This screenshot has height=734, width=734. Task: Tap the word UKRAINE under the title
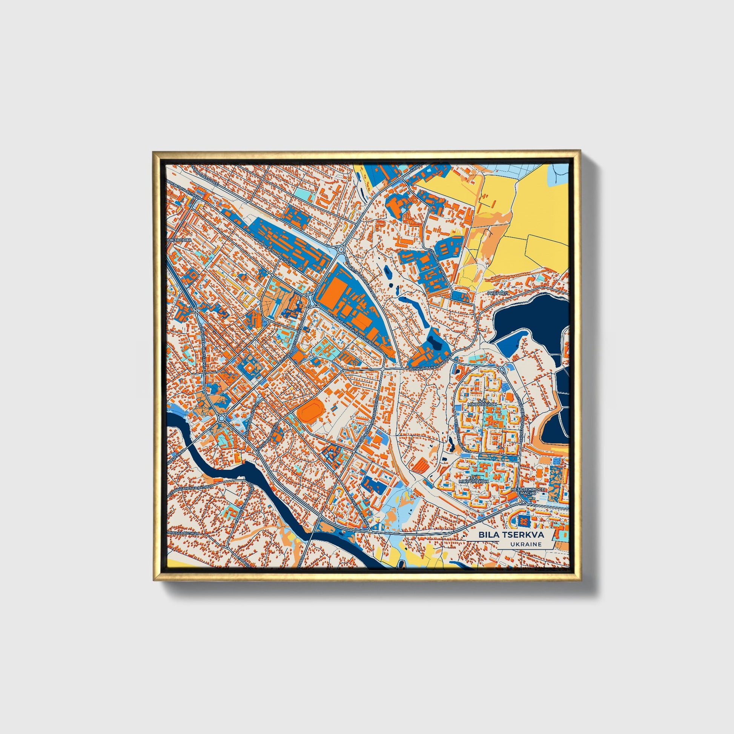tap(526, 544)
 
